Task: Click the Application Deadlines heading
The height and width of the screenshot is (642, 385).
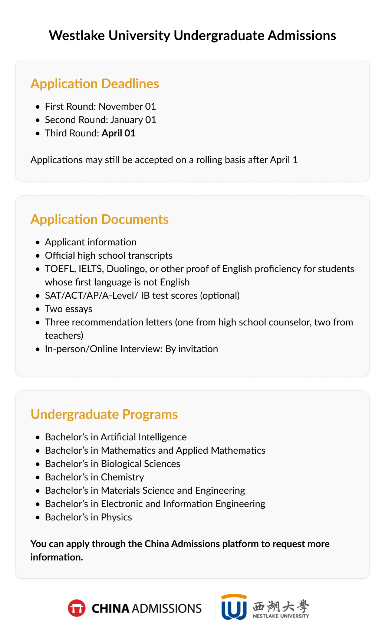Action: pyautogui.click(x=95, y=84)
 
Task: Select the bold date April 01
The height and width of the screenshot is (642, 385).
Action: pyautogui.click(x=118, y=133)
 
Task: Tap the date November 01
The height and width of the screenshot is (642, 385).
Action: pyautogui.click(x=127, y=106)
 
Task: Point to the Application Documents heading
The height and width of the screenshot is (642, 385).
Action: pyautogui.click(x=99, y=219)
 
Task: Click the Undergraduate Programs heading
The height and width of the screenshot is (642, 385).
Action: pyautogui.click(x=104, y=414)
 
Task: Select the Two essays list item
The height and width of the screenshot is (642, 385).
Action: pyautogui.click(x=69, y=309)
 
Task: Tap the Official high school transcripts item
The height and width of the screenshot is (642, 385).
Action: pyautogui.click(x=109, y=255)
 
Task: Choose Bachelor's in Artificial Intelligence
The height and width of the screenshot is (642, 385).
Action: pyautogui.click(x=116, y=437)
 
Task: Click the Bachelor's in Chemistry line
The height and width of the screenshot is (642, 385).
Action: pyautogui.click(x=94, y=477)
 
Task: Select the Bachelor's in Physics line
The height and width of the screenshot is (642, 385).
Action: pyautogui.click(x=88, y=517)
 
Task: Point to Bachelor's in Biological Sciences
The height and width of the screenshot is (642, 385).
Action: pyautogui.click(x=112, y=464)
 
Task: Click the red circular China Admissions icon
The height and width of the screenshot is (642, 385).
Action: pyautogui.click(x=77, y=608)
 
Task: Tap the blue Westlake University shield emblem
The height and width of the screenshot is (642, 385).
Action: pyautogui.click(x=234, y=607)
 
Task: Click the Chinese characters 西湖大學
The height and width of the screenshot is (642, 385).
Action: pyautogui.click(x=281, y=606)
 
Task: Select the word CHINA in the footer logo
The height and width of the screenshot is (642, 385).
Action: pyautogui.click(x=111, y=609)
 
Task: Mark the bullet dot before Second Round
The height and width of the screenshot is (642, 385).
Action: pyautogui.click(x=37, y=120)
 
